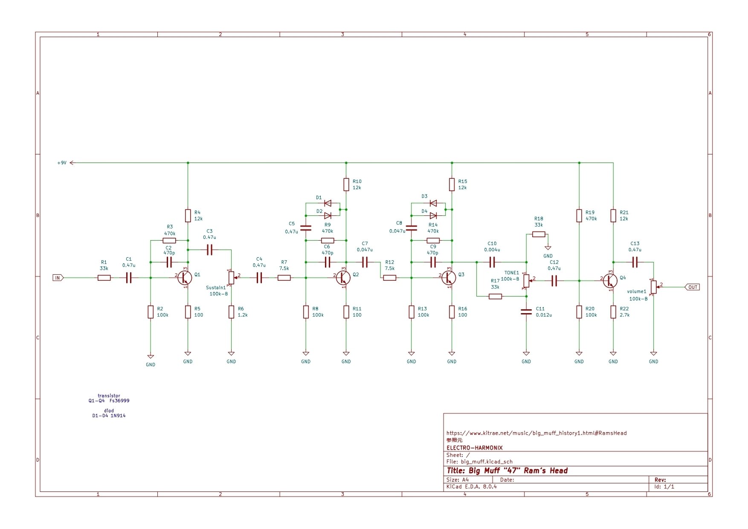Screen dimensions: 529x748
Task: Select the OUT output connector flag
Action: click(x=692, y=287)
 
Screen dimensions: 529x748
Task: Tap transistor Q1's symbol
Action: click(x=184, y=278)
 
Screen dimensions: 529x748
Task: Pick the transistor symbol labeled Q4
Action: click(x=610, y=281)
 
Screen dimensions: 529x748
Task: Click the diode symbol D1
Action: click(x=328, y=203)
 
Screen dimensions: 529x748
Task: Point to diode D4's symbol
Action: click(x=433, y=215)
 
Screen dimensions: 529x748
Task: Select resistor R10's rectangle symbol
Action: click(x=346, y=185)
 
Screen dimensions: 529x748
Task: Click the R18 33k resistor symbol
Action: click(x=539, y=234)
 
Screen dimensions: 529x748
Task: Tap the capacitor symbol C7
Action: click(x=365, y=262)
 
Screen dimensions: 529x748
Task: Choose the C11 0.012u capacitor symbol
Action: click(x=526, y=312)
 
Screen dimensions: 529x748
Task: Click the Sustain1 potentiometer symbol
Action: click(x=231, y=278)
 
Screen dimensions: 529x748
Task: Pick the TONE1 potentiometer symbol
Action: click(x=526, y=281)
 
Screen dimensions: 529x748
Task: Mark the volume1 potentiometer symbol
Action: click(x=653, y=287)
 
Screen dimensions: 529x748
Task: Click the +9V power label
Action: click(x=62, y=163)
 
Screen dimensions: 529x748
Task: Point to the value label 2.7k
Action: click(x=624, y=315)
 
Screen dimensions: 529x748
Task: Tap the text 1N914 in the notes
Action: click(x=118, y=416)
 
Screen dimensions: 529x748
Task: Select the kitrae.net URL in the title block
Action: click(x=536, y=433)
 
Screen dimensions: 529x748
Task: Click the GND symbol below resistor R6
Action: click(x=231, y=354)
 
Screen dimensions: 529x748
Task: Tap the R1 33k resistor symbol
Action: click(x=104, y=278)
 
